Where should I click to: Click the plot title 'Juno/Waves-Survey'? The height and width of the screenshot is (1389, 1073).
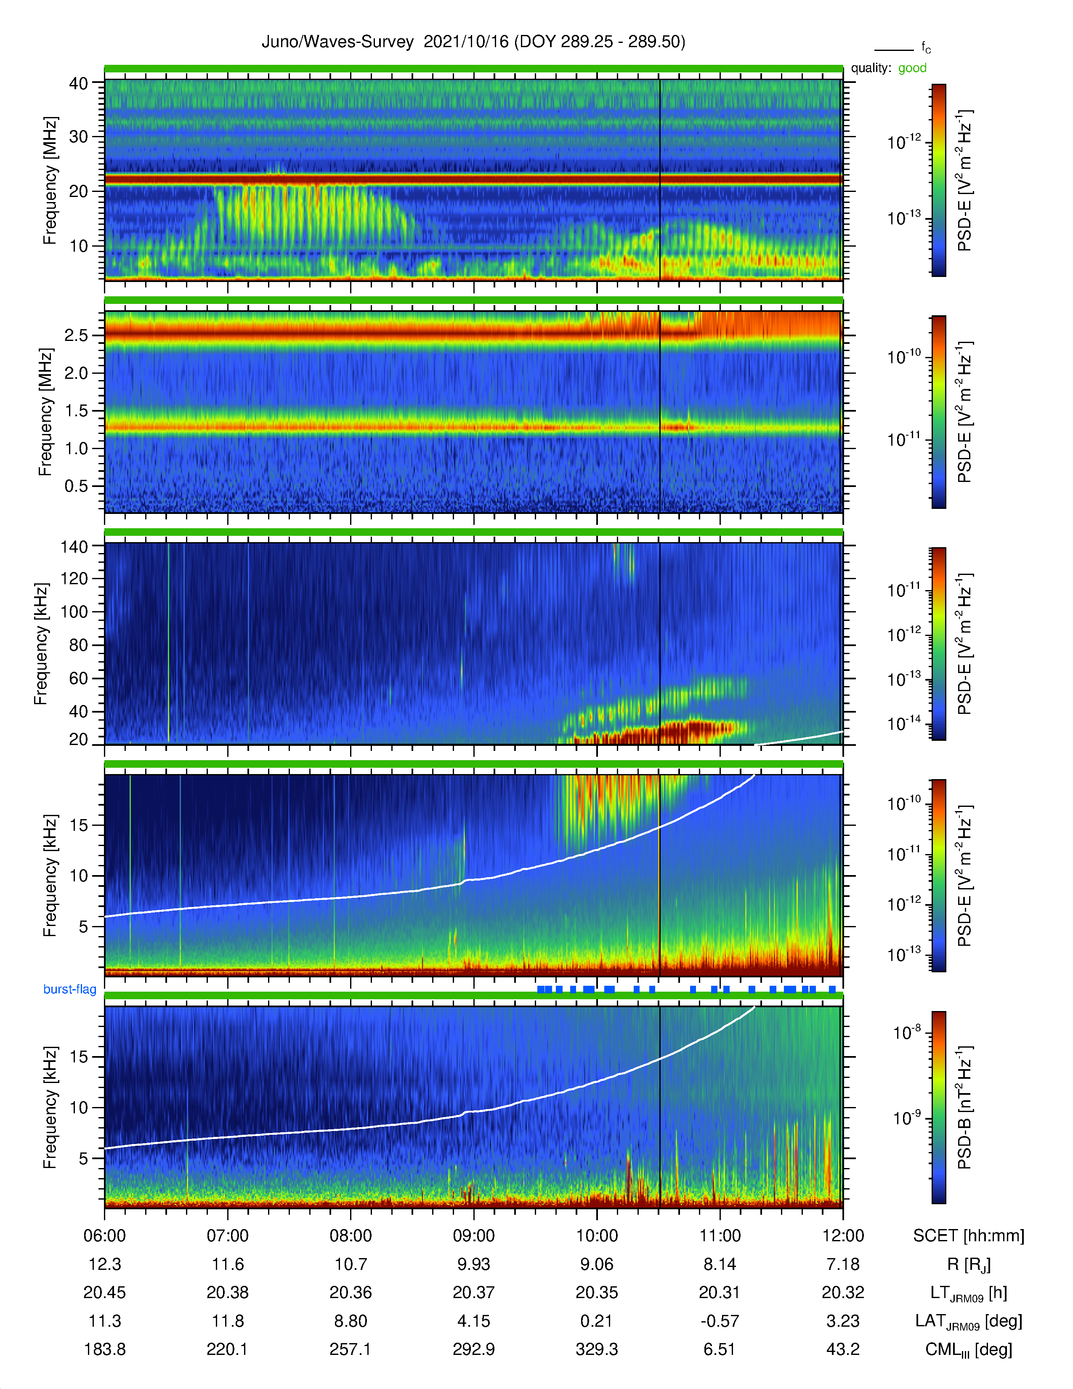(x=337, y=42)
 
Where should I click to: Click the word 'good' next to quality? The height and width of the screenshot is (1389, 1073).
(x=912, y=68)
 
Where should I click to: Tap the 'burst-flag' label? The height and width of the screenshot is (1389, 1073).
(x=70, y=989)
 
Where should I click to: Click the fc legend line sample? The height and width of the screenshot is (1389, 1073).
(x=894, y=50)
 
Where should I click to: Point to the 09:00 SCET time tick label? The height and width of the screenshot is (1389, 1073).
(x=473, y=1236)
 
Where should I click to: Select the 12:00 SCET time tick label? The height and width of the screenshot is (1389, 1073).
(x=843, y=1236)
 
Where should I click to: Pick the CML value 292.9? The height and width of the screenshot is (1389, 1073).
(x=473, y=1349)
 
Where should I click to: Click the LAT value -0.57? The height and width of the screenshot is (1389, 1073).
(x=720, y=1321)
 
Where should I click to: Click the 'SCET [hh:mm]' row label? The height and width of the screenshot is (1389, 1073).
(x=969, y=1236)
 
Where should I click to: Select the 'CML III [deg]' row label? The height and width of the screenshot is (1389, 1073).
(x=969, y=1349)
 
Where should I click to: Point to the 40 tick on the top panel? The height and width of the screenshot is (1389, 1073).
(x=79, y=83)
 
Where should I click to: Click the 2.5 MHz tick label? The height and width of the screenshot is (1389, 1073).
(x=76, y=335)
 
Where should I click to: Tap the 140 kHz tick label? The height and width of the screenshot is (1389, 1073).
(x=74, y=546)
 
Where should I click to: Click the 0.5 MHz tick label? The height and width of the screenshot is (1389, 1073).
(x=76, y=486)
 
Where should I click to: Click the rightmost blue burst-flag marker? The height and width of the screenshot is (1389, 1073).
(x=832, y=990)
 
